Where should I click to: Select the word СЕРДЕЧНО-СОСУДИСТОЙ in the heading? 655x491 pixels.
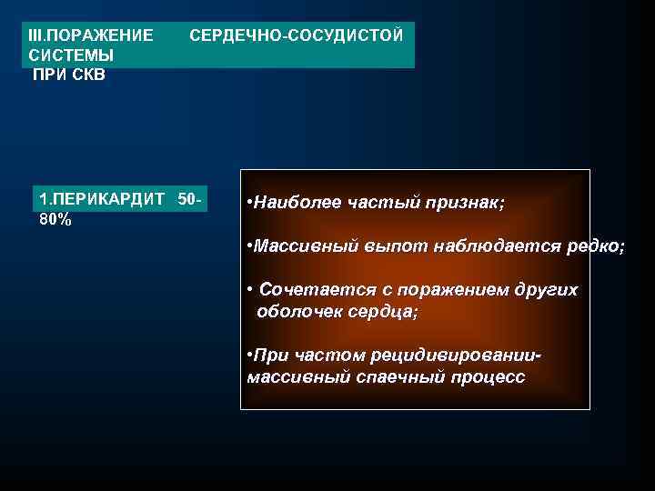(x=296, y=35)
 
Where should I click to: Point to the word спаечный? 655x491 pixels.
(x=372, y=376)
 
